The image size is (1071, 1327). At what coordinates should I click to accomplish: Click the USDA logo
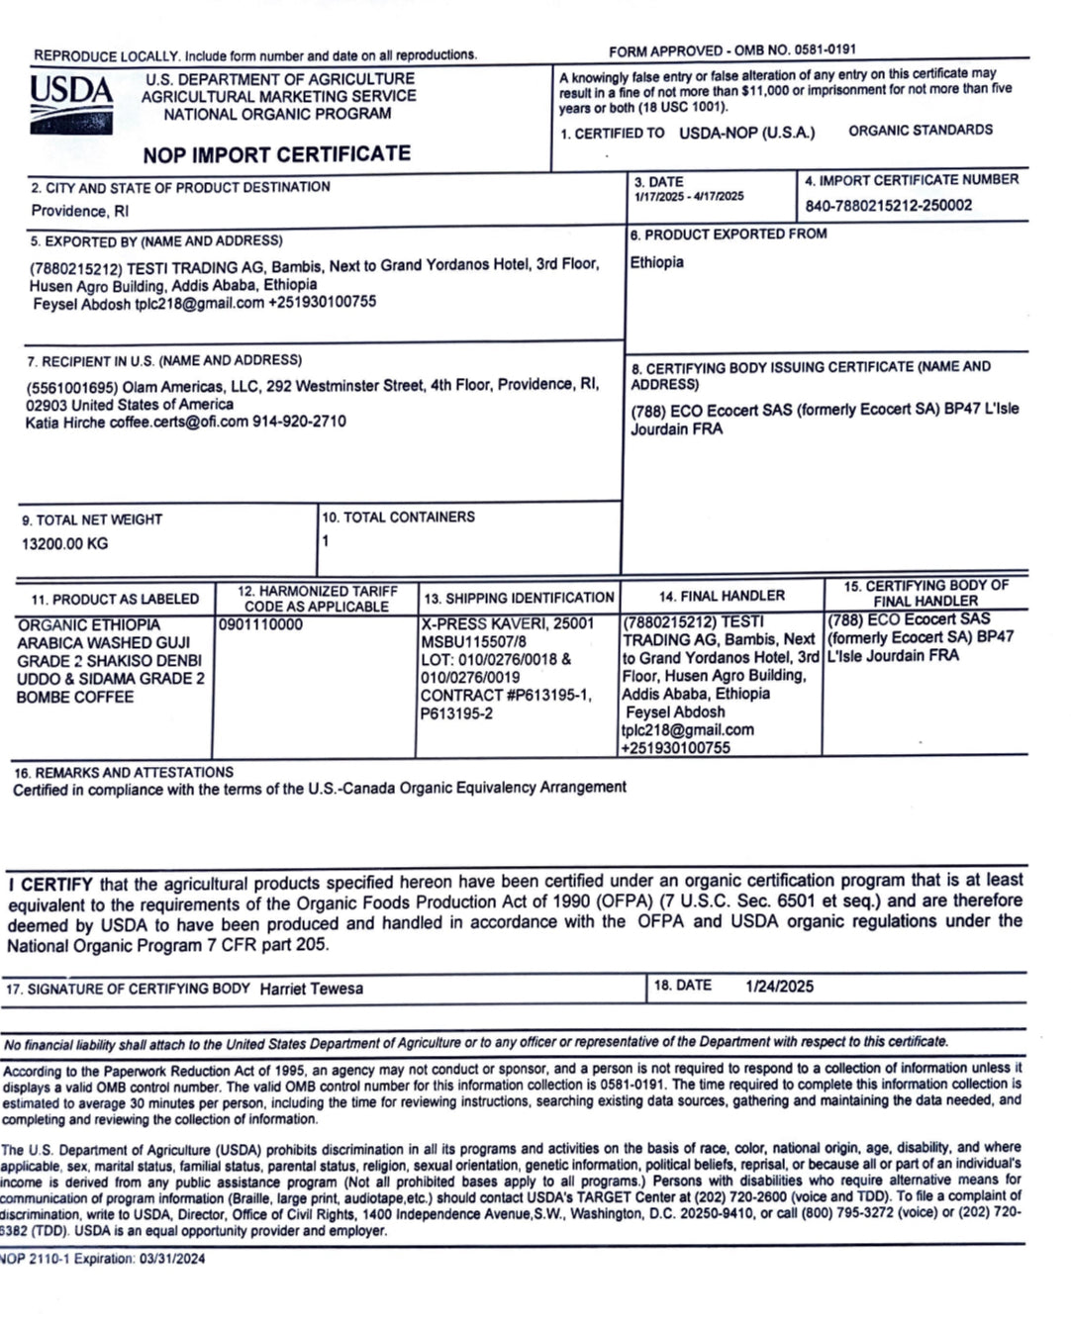pos(70,103)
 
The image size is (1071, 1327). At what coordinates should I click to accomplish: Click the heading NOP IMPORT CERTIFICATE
pos(276,154)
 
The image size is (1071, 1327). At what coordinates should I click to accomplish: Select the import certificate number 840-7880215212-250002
pos(888,206)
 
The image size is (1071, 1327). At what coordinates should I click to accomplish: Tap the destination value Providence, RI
pos(79,211)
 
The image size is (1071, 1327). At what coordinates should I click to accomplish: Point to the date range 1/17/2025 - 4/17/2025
pos(689,197)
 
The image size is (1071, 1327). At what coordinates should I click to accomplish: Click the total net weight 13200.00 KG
pos(65,543)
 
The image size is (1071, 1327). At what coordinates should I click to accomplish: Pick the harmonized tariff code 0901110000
pos(261,625)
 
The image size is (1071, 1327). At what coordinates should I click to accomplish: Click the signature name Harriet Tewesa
pos(312,989)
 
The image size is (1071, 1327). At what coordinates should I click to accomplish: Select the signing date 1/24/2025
pos(779,986)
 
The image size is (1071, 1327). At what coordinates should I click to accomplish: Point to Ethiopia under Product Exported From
pos(656,262)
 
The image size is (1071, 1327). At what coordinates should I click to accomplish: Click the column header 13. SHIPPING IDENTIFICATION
pos(519,598)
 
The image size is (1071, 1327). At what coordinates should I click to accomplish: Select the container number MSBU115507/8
pos(473,641)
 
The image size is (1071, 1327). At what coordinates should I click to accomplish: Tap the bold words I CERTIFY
pos(50,884)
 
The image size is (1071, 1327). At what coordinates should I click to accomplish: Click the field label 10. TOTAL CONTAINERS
pos(398,518)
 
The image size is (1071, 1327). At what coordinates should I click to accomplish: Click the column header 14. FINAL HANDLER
pos(722,596)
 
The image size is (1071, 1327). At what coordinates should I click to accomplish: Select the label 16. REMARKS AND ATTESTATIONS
pos(124,772)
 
